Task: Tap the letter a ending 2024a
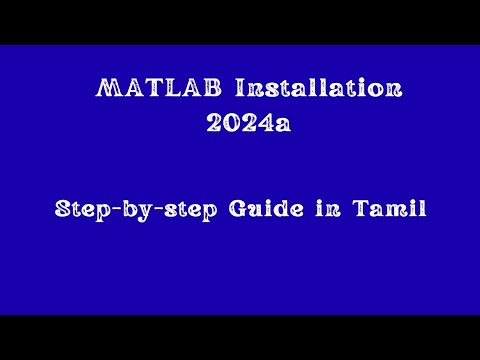pyautogui.click(x=284, y=125)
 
